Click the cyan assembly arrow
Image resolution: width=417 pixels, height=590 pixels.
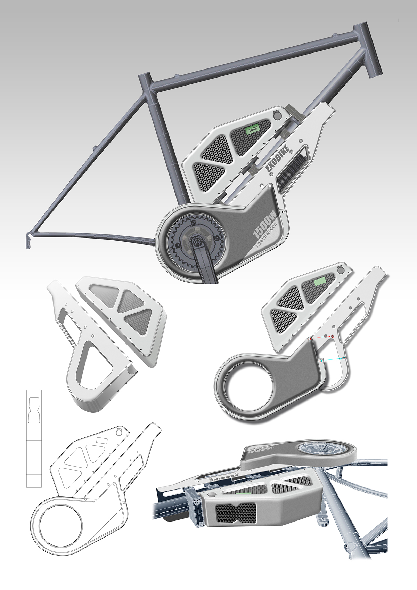[332, 359]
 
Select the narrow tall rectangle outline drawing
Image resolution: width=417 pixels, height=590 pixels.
[34, 438]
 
